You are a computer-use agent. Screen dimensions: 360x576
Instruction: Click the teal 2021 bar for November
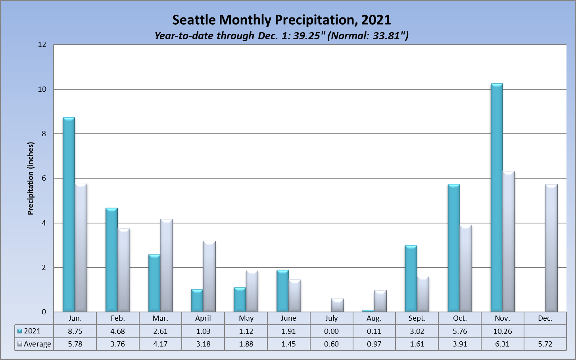point(496,198)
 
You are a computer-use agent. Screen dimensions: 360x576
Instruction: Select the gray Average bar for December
point(551,248)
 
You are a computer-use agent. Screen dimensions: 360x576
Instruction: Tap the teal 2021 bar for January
point(69,214)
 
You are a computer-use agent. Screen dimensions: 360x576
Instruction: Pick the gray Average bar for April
point(209,276)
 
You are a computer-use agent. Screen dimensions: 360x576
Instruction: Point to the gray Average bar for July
point(337,305)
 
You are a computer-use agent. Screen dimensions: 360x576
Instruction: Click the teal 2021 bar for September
point(411,279)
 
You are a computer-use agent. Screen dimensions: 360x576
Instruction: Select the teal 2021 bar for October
point(453,248)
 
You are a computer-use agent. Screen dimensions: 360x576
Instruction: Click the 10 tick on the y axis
point(42,89)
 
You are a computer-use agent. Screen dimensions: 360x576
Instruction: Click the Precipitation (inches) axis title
point(31,179)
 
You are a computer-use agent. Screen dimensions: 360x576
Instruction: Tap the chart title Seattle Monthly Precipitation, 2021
point(282,20)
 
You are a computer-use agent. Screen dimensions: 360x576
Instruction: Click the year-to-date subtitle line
point(282,36)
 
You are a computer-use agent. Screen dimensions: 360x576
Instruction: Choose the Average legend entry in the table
point(35,344)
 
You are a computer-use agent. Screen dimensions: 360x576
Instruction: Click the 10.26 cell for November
point(502,331)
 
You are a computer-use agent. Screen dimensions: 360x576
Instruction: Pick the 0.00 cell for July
point(331,331)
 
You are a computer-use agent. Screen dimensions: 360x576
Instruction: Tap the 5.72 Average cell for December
point(545,344)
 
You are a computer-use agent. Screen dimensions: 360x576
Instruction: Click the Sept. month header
point(417,318)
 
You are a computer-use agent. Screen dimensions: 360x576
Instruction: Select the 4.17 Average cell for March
point(160,344)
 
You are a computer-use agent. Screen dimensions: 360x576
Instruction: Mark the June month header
point(288,318)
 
